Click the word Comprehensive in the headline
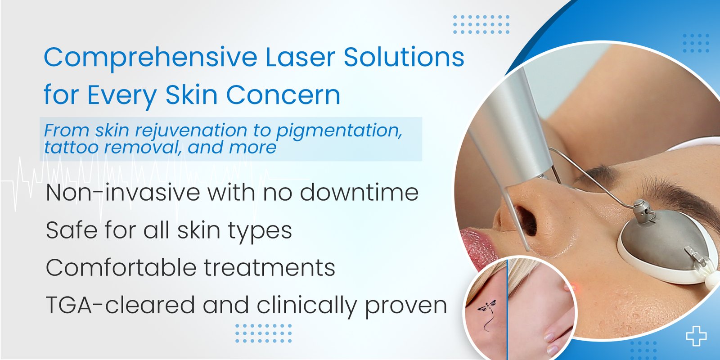coord(150,58)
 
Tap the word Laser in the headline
coord(301,57)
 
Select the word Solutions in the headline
coord(404,57)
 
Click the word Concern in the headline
coord(283,95)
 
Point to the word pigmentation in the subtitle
coord(339,131)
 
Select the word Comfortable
coord(121,267)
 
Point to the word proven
coord(406,306)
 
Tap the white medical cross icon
coord(696,336)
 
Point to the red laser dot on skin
coord(573,285)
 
